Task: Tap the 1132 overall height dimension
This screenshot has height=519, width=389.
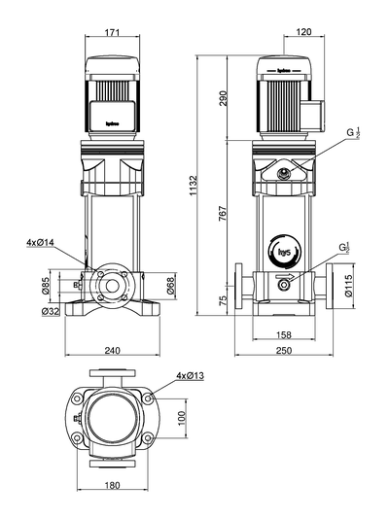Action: click(x=194, y=182)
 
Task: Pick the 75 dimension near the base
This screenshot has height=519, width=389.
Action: click(x=223, y=300)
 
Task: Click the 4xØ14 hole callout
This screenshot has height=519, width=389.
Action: click(x=42, y=242)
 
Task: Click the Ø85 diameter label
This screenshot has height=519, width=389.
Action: click(x=46, y=284)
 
